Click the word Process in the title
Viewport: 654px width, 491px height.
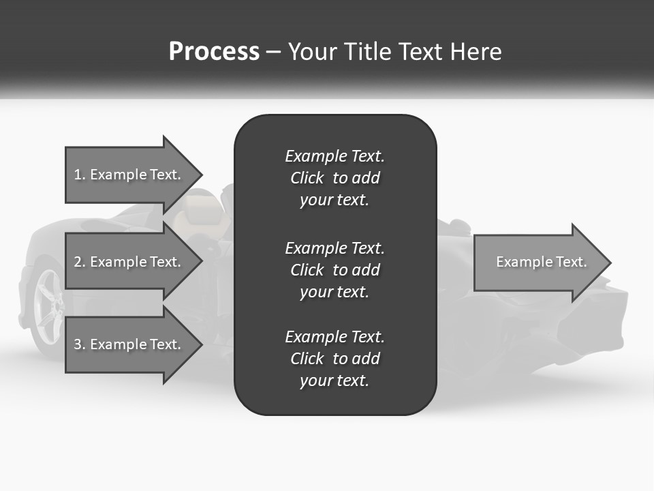(214, 52)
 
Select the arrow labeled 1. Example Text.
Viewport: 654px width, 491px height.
(129, 175)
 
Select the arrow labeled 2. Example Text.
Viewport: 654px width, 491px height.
(129, 262)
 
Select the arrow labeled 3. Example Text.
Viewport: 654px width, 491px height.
(129, 344)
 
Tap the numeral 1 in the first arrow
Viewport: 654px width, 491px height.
(78, 175)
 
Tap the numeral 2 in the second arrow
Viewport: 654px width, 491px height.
(78, 262)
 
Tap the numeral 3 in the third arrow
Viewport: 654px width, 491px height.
(78, 344)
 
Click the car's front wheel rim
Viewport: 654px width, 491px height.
(49, 304)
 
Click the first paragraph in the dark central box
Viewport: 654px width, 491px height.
(334, 178)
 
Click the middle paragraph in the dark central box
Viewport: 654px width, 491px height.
(334, 270)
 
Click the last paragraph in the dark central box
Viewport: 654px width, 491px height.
(334, 359)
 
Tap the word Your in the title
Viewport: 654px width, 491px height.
(313, 52)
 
